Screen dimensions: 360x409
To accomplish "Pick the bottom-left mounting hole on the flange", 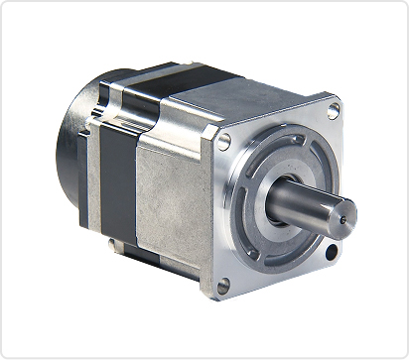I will click(x=223, y=286).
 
